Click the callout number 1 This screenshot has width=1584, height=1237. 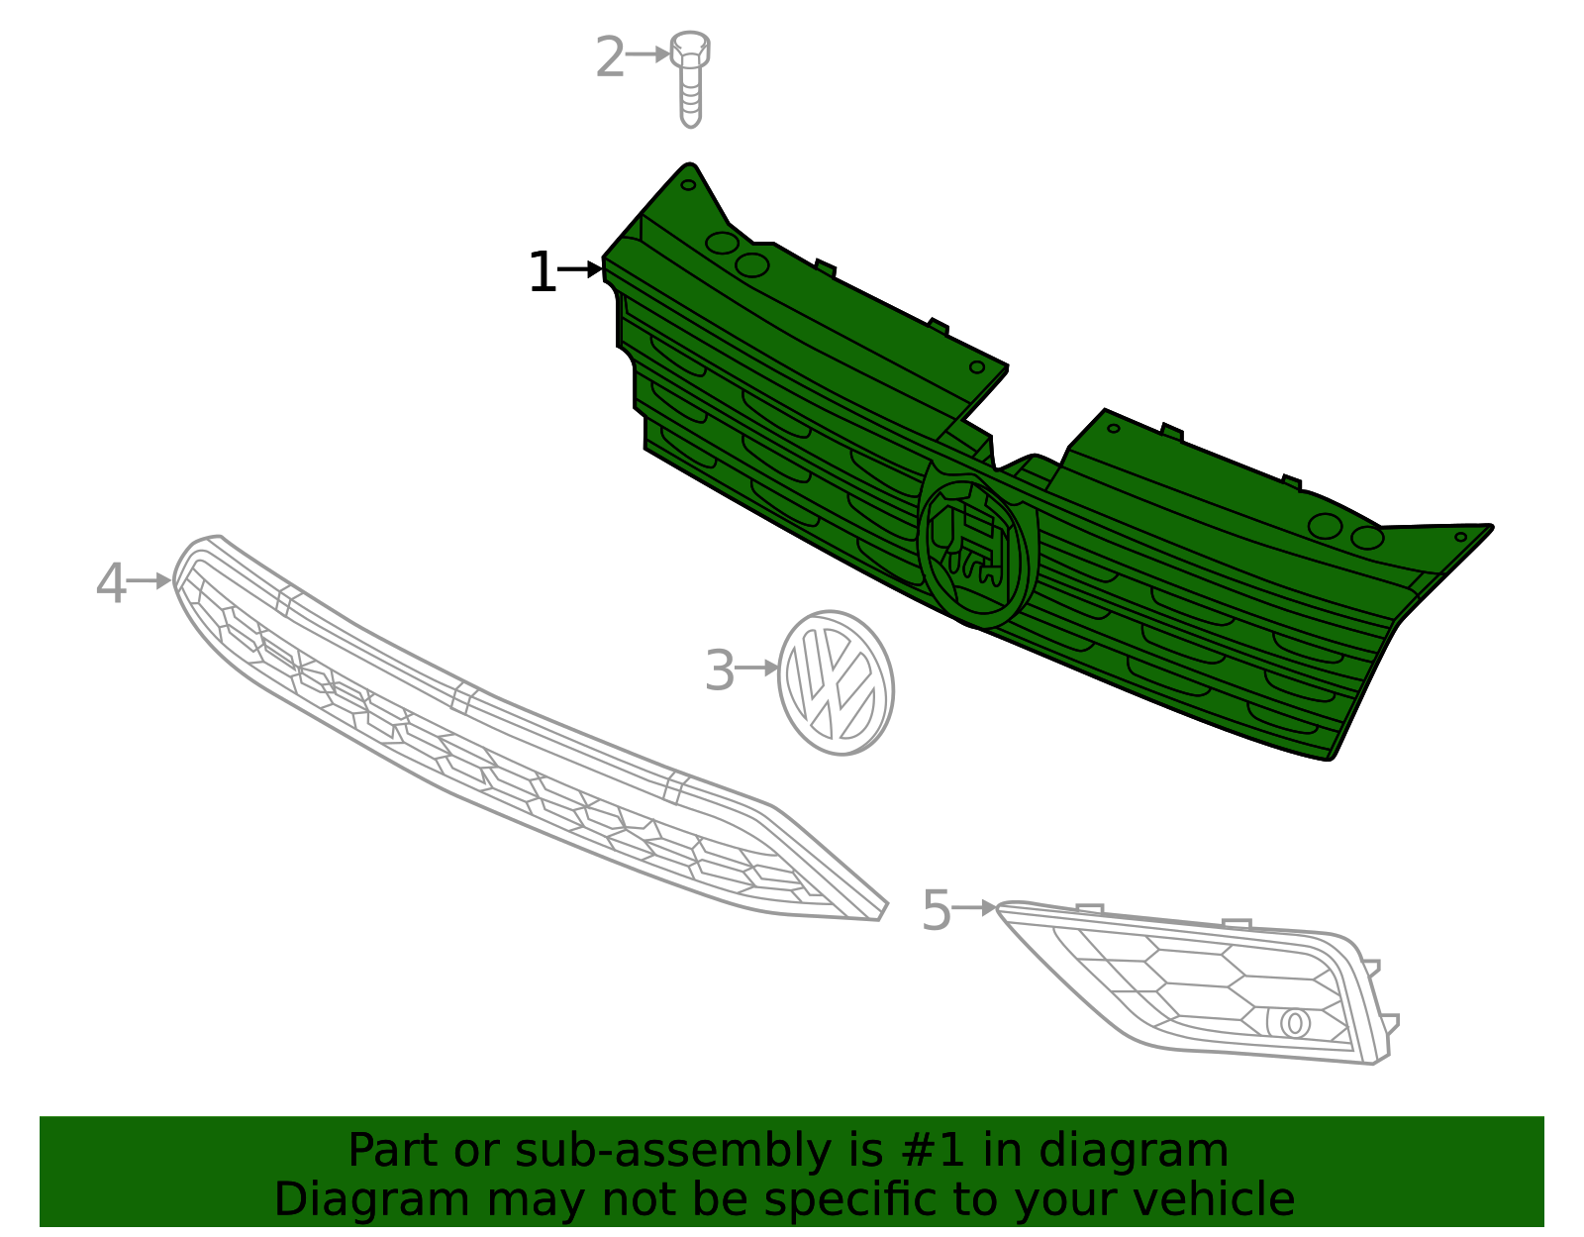click(543, 272)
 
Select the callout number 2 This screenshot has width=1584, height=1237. click(610, 56)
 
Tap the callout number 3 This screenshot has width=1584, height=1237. click(720, 670)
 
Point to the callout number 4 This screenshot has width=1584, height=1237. click(111, 583)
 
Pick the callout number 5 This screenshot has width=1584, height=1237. click(936, 910)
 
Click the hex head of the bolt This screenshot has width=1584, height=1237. click(690, 49)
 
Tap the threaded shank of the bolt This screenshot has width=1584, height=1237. click(690, 97)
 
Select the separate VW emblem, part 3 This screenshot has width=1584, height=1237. click(837, 682)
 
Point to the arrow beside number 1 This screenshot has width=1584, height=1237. click(580, 269)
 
